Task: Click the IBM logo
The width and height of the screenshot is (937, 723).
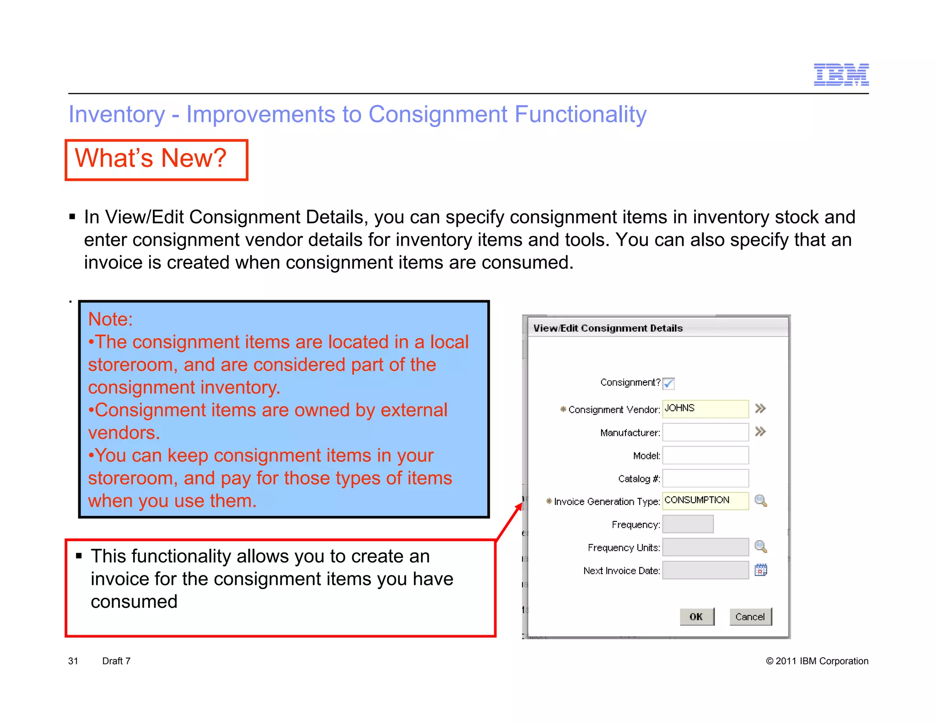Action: click(841, 74)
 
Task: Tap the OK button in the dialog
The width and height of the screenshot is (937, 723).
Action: click(696, 617)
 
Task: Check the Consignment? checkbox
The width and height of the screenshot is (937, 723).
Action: click(668, 383)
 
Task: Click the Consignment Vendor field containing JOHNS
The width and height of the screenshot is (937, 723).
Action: click(705, 409)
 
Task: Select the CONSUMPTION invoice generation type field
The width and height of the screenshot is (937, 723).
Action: click(705, 500)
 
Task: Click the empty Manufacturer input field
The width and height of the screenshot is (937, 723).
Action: click(705, 432)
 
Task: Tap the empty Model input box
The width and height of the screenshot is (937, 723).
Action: click(705, 455)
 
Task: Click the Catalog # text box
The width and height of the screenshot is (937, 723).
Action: click(705, 478)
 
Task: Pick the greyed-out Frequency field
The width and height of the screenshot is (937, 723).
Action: click(688, 524)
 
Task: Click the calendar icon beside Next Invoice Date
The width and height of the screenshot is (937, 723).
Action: click(760, 570)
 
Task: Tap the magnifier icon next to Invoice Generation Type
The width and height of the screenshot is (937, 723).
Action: click(760, 501)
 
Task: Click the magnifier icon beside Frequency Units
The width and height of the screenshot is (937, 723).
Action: click(760, 547)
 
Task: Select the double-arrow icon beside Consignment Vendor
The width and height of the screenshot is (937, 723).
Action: click(760, 409)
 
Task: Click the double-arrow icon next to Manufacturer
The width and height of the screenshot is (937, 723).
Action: click(760, 431)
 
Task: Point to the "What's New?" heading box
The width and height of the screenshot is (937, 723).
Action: click(156, 159)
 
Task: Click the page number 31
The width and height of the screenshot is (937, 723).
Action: click(73, 661)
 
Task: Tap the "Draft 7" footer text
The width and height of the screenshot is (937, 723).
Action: click(116, 661)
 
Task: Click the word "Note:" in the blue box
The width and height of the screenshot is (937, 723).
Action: click(110, 319)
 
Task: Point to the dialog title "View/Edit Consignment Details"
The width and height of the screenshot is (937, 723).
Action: click(608, 328)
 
